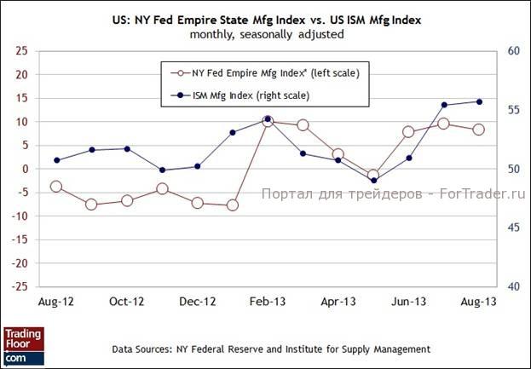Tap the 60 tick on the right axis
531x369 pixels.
(513, 51)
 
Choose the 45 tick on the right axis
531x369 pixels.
(513, 228)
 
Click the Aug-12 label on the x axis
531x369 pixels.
(55, 302)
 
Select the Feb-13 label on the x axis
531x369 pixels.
(268, 302)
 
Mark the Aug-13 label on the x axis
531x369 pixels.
(479, 302)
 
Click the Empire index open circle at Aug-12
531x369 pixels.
(56, 186)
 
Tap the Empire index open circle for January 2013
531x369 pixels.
(233, 205)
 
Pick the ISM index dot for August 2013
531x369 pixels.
(479, 101)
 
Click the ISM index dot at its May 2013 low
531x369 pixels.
(373, 181)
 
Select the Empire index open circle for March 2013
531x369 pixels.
(303, 125)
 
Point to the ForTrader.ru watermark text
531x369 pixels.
(393, 194)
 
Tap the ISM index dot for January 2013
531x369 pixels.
(233, 132)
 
